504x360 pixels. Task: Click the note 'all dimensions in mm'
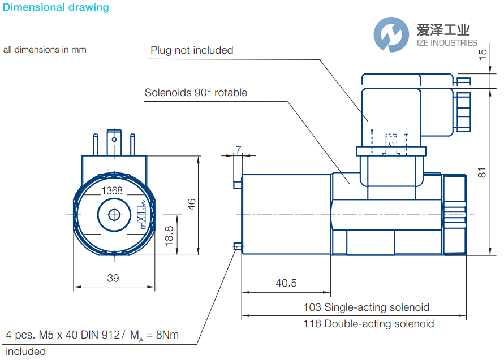coord(45,50)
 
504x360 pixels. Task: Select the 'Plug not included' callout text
coord(192,50)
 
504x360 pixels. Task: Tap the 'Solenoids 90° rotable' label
coord(196,92)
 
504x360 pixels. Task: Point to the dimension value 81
coord(482,172)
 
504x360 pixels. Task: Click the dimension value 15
coord(482,55)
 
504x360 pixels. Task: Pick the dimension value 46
coord(192,205)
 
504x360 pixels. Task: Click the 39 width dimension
coord(113,277)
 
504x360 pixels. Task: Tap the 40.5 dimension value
coord(286,283)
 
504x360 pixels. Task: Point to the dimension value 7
coord(238,150)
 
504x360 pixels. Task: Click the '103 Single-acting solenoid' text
coord(366,307)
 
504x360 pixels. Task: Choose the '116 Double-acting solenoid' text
coord(369,324)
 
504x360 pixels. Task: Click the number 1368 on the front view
coord(112,191)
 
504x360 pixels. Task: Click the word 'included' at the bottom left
coord(25,352)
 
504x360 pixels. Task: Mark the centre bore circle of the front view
coord(114,215)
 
